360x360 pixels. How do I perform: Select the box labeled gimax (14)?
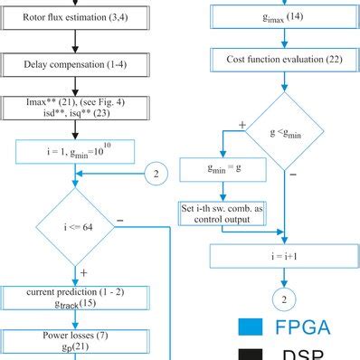(x=286, y=16)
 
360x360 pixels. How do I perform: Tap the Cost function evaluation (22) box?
(x=286, y=60)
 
